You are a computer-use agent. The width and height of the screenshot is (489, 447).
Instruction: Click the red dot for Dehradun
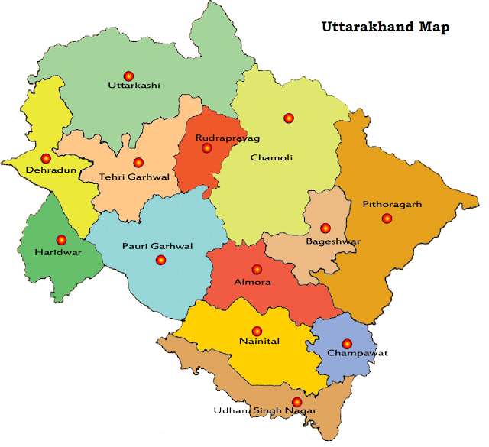46,158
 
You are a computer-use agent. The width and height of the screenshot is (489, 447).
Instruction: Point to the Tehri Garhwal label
134,177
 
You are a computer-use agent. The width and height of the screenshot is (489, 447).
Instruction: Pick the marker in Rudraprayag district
206,148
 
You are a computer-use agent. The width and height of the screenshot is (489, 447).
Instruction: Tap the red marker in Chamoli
288,118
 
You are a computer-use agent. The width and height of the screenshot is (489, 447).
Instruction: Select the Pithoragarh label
392,205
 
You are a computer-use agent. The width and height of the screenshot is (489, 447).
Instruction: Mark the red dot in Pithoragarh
387,218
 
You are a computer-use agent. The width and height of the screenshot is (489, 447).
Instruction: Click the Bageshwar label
333,241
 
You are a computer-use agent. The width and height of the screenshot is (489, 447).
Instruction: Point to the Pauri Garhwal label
157,246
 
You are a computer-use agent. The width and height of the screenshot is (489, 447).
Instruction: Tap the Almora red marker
257,269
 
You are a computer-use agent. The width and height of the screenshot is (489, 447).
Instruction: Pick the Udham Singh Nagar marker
296,401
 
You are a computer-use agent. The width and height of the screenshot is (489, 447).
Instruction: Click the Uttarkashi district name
134,86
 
